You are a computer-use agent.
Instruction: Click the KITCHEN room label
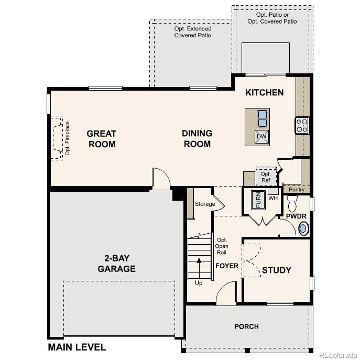click(x=265, y=93)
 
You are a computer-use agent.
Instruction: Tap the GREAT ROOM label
click(x=102, y=139)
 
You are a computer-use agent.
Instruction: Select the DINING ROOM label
click(x=197, y=139)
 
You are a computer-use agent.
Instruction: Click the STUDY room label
click(x=276, y=270)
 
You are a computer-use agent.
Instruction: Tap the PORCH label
click(x=246, y=326)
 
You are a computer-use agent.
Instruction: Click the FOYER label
click(x=227, y=266)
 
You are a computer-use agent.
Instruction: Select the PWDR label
click(x=295, y=216)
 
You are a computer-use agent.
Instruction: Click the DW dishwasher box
click(x=261, y=137)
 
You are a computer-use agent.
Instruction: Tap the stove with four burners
click(x=302, y=126)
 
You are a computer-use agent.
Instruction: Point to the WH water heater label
click(x=272, y=198)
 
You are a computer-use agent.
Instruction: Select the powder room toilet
click(x=292, y=202)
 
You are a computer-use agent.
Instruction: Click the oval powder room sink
click(x=303, y=228)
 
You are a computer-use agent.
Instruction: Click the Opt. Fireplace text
click(x=67, y=138)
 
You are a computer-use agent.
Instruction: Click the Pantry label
click(x=297, y=189)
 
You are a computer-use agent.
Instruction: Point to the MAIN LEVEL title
click(x=77, y=347)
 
